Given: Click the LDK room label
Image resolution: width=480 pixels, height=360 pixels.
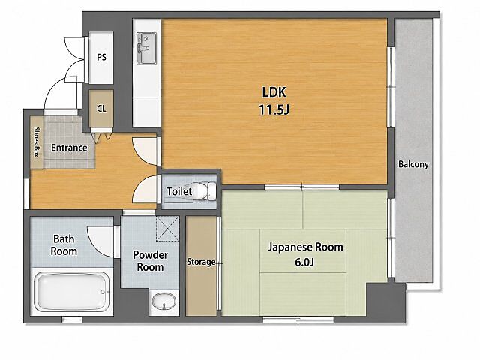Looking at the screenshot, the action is [x=274, y=92].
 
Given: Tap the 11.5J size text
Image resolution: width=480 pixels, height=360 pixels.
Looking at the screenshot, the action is [x=274, y=109].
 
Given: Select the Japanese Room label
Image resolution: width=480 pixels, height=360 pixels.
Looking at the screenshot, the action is [x=305, y=247].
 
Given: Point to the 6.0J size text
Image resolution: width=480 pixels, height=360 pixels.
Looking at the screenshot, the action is [x=304, y=262].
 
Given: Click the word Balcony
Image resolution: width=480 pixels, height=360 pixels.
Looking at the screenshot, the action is [x=413, y=165].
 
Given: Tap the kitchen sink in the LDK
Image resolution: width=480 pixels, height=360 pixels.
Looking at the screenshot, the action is [x=147, y=48].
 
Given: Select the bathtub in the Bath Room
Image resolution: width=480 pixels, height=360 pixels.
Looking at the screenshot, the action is [x=72, y=292].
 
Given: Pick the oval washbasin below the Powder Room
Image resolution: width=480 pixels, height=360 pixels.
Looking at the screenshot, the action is [x=164, y=301].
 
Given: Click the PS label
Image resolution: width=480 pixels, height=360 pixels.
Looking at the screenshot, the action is [x=102, y=57].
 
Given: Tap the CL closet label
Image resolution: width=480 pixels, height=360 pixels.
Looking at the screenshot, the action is [x=102, y=108].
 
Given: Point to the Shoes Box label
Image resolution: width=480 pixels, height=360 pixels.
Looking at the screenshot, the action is [x=37, y=142].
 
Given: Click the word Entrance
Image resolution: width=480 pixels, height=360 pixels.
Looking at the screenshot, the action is [x=69, y=148].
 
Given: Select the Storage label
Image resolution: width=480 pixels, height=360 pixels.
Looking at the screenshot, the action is [x=201, y=262].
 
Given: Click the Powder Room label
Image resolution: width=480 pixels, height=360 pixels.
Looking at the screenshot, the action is [x=150, y=261].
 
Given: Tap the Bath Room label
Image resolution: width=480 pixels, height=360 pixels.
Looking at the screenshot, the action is [x=64, y=244].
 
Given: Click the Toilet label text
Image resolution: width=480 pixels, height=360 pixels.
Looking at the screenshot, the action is [x=179, y=192].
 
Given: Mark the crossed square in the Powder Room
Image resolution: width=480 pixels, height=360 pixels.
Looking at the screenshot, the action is [x=167, y=229].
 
